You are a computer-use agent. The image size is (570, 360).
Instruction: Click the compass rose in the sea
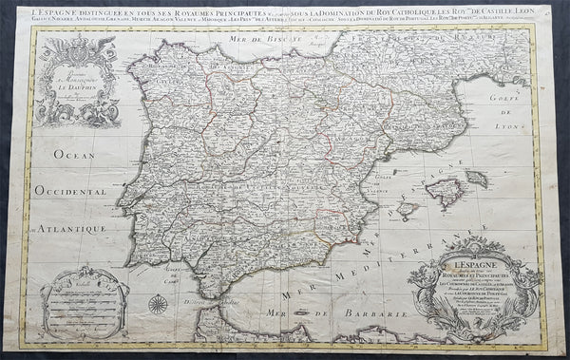[x=160, y=305]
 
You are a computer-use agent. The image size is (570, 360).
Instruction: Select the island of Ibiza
[x=409, y=209]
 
